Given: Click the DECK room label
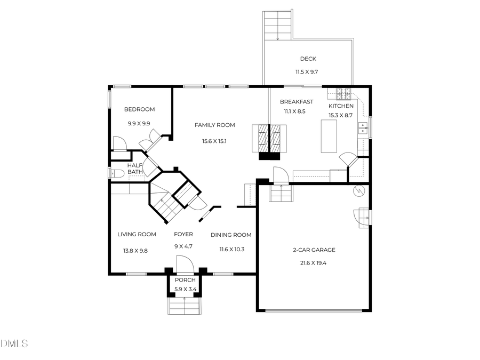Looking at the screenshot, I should pos(308,59).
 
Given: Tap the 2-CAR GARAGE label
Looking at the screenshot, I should pos(314,250).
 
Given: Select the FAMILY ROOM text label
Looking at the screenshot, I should pos(214,125).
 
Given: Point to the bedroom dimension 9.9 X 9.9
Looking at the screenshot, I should pos(139,123).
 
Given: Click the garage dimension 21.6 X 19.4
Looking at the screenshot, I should pos(314,262).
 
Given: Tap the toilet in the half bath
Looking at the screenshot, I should pos(117,173).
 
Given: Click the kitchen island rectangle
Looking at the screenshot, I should pos(329,136).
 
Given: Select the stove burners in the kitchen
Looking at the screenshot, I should pos(342,93).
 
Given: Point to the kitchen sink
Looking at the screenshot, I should pos(364,128).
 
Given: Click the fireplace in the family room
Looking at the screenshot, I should pos(269,141).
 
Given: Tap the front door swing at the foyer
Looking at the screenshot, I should pos(184,265).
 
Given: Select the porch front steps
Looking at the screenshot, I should pos(185,306).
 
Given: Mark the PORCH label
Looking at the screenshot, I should pos(185,281).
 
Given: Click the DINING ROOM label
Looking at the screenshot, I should pos(231,235).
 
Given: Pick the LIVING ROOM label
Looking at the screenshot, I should pos(137,234).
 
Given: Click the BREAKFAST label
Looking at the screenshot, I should pos(297,102).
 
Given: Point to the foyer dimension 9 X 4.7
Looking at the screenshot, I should pos(183,246).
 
